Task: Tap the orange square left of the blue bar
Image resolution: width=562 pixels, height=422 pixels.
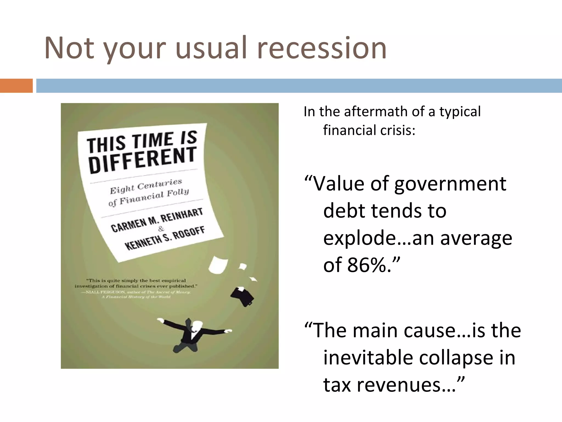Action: pos(16,86)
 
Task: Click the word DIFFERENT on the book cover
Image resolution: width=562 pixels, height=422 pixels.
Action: pos(142,160)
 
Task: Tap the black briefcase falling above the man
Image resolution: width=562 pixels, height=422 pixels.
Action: pos(243,296)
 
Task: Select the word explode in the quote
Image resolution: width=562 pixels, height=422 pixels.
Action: pos(359,238)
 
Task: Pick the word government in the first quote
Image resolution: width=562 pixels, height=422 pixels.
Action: pos(450,184)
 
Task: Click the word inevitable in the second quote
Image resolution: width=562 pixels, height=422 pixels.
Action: pos(366,358)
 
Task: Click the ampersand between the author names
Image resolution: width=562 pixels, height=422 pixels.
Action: pos(161,229)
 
